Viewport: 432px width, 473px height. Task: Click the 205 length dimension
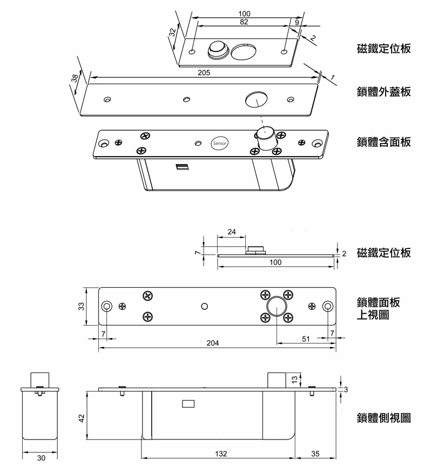click(204, 72)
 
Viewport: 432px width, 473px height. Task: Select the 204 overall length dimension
click(213, 343)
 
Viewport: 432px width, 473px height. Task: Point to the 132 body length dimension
click(220, 454)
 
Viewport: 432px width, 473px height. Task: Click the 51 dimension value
click(306, 339)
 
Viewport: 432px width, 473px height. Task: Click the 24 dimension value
click(232, 232)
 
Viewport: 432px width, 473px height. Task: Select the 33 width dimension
click(82, 306)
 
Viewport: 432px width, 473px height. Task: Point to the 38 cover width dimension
click(75, 78)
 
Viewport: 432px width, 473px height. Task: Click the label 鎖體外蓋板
click(384, 92)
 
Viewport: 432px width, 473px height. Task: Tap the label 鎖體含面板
click(384, 142)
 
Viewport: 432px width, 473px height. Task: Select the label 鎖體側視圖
click(384, 417)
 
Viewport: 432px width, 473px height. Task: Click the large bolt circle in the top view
click(276, 306)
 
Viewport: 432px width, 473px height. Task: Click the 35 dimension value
click(315, 454)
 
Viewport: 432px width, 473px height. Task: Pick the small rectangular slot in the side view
click(188, 403)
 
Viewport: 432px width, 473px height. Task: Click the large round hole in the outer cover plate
click(256, 100)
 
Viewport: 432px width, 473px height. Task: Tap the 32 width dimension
click(172, 32)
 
